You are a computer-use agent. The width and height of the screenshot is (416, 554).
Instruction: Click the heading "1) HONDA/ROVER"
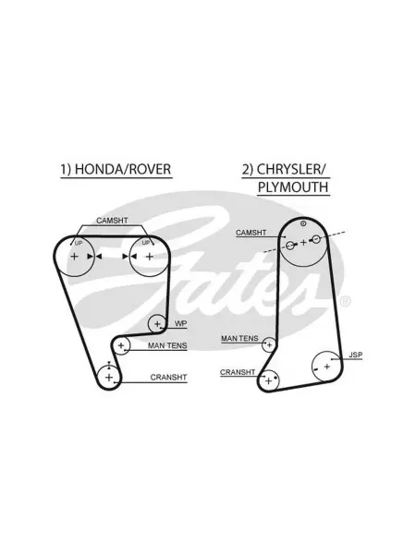(x=116, y=169)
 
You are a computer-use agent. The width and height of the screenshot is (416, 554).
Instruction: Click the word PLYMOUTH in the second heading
(x=293, y=187)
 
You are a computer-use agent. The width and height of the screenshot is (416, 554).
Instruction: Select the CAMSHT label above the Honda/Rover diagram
(x=112, y=221)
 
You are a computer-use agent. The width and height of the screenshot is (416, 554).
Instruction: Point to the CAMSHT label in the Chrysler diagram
(x=251, y=233)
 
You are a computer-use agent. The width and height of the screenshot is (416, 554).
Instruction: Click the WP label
(x=181, y=324)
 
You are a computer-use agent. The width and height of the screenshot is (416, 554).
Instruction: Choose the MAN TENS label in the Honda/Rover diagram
(x=167, y=345)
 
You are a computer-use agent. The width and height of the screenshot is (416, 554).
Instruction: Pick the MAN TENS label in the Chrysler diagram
(x=239, y=339)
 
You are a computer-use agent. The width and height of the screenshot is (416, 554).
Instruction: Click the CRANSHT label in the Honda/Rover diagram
(x=168, y=378)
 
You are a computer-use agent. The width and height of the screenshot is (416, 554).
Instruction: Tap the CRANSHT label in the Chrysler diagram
(x=238, y=372)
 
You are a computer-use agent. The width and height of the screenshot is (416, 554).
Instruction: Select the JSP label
(x=356, y=355)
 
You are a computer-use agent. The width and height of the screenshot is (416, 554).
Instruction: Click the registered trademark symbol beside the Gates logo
(x=345, y=301)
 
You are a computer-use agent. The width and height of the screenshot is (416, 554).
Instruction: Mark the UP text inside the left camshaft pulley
(x=79, y=243)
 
